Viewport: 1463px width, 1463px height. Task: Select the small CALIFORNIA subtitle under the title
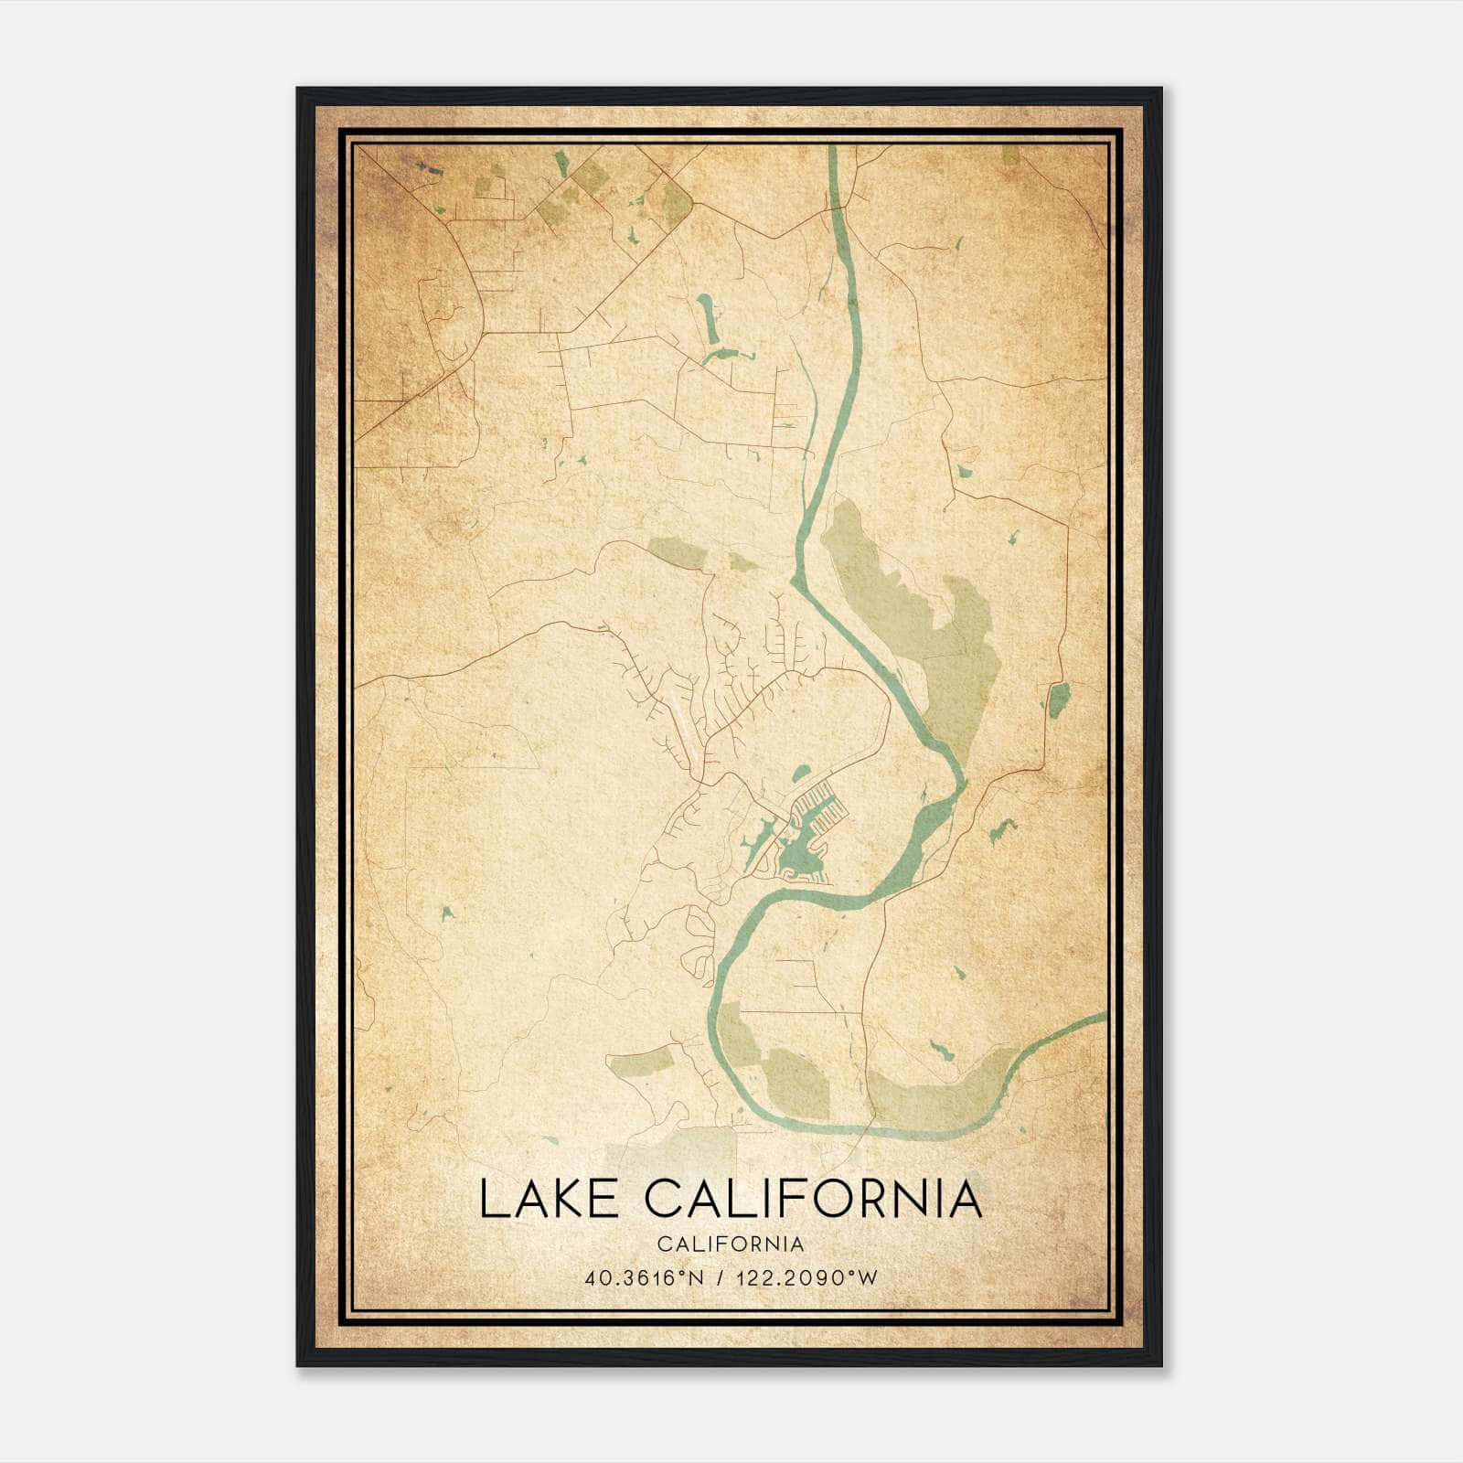[x=730, y=1244]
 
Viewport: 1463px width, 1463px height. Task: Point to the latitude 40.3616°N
[x=645, y=1278]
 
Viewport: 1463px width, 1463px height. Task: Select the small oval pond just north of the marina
[x=801, y=773]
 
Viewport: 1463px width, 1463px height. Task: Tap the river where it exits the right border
[x=1102, y=1017]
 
